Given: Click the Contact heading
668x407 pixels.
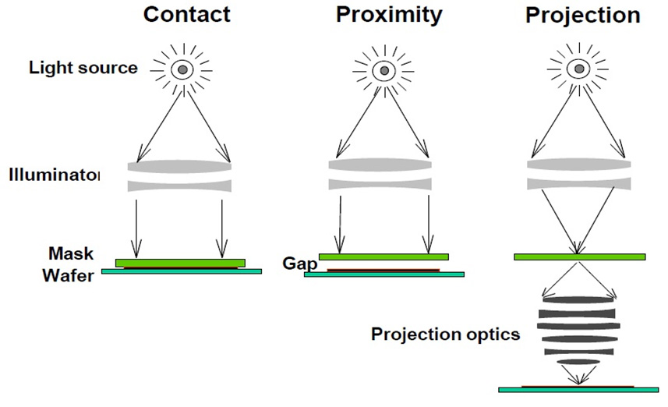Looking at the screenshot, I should click(187, 14).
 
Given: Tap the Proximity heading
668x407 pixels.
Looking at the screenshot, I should click(389, 14).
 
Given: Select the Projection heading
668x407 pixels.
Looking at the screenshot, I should click(583, 14).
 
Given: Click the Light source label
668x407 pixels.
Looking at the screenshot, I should click(83, 67).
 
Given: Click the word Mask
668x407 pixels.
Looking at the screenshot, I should click(71, 253).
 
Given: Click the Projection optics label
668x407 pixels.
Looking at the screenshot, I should click(445, 334).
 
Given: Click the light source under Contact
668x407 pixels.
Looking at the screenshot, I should click(182, 69).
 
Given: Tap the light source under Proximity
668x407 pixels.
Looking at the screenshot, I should click(383, 69).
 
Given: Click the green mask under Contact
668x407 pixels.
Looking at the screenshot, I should click(180, 262).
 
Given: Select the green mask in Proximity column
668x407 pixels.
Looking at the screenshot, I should click(383, 257).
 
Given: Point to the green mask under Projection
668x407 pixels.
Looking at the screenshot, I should click(579, 257).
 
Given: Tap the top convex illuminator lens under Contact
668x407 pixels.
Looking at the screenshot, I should click(180, 166).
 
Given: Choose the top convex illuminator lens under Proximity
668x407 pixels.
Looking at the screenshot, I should click(380, 166).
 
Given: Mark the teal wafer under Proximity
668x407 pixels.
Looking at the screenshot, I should click(383, 274).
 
